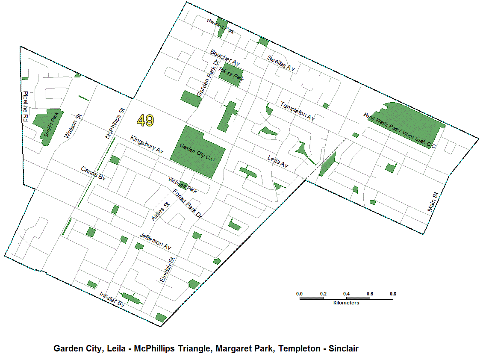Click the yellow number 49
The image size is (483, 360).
145,121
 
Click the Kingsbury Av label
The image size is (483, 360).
147,145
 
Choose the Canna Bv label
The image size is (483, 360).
93,173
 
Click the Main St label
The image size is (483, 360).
433,202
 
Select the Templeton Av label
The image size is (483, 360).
297,111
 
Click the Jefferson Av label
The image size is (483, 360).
155,242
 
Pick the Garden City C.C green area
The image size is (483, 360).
197,152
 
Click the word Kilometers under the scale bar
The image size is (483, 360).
346,303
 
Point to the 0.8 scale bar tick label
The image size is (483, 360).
392,294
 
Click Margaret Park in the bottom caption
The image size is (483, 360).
244,348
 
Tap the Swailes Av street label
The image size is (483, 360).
281,63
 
